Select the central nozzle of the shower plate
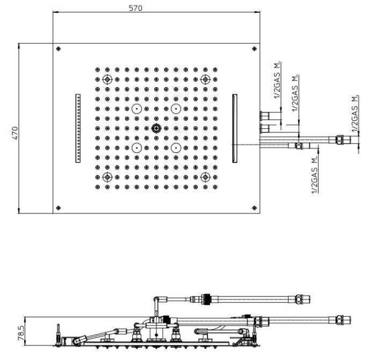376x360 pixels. [x=156, y=128]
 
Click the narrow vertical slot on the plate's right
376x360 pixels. [x=235, y=128]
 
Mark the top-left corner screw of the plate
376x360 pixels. [x=59, y=49]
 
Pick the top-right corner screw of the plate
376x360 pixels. [x=254, y=49]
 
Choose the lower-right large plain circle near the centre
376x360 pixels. [x=176, y=148]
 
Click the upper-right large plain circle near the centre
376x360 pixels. [x=176, y=109]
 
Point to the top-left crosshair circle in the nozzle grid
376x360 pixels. [x=108, y=79]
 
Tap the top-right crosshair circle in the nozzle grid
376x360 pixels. [x=205, y=79]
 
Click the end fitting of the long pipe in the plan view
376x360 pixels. [x=340, y=140]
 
